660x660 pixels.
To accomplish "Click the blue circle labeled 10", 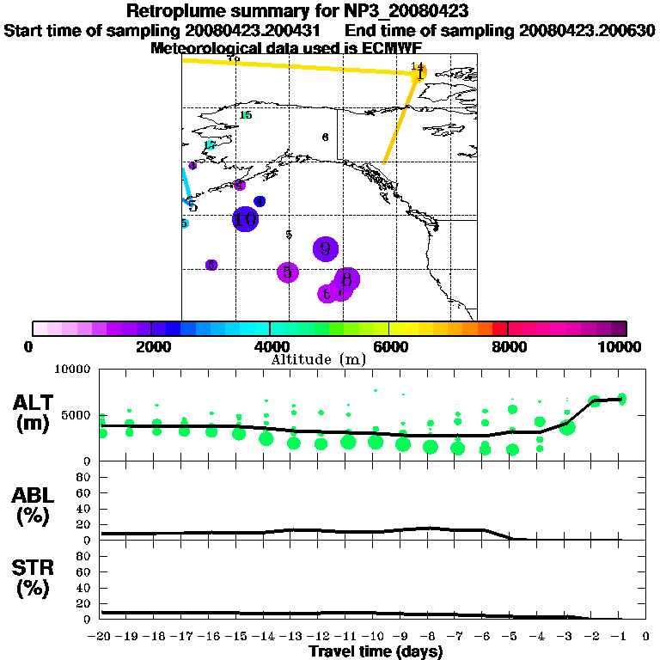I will point(246,219).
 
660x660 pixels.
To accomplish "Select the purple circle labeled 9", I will point(325,249).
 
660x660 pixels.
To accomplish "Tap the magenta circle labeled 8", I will point(346,279).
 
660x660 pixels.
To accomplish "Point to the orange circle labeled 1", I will point(419,74).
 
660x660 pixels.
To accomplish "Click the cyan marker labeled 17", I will point(210,145).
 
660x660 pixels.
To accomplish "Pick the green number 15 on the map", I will point(246,115).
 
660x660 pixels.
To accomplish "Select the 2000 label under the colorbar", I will point(150,346).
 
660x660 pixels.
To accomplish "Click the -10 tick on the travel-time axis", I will point(374,637).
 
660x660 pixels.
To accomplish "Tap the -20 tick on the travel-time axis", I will point(101,637).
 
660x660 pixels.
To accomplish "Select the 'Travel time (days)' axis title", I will point(376,651).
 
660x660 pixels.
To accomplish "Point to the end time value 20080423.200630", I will point(587,31).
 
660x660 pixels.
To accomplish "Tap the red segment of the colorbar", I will point(499,328).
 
